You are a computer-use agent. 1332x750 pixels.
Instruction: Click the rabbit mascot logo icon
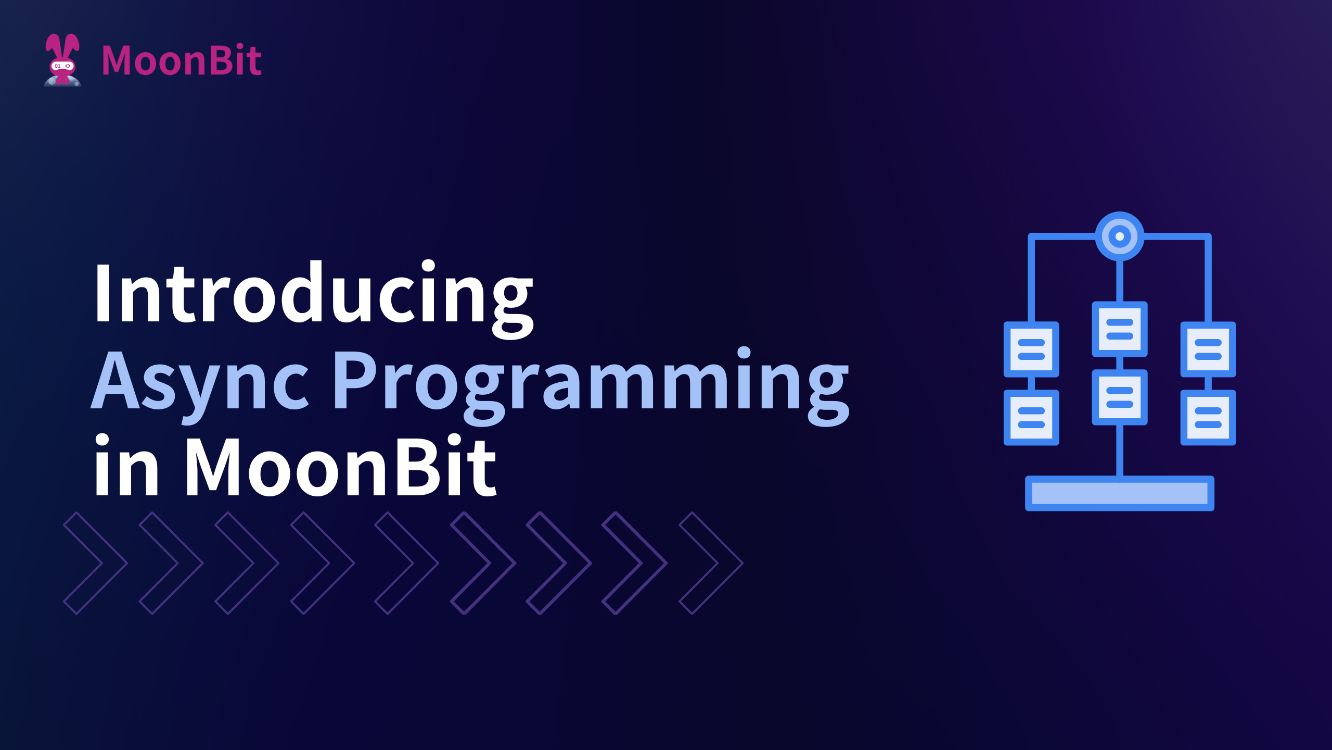62,60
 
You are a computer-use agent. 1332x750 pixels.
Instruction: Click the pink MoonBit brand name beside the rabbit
182,60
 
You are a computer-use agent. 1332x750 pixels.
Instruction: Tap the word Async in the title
200,383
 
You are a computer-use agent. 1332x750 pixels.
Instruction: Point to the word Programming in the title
591,385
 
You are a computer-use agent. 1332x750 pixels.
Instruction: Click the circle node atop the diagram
1119,236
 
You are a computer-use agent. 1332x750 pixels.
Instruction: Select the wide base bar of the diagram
1119,493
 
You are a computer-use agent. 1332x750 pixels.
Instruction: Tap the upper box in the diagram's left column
1031,349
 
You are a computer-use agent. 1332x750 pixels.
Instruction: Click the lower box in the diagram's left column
1031,418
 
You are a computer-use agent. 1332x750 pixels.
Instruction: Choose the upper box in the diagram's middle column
1119,329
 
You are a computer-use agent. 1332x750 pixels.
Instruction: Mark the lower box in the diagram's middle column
1119,397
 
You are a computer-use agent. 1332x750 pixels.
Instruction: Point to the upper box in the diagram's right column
1208,349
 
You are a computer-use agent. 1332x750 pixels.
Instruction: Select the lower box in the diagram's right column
1208,418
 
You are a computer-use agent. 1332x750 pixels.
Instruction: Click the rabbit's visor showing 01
62,66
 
